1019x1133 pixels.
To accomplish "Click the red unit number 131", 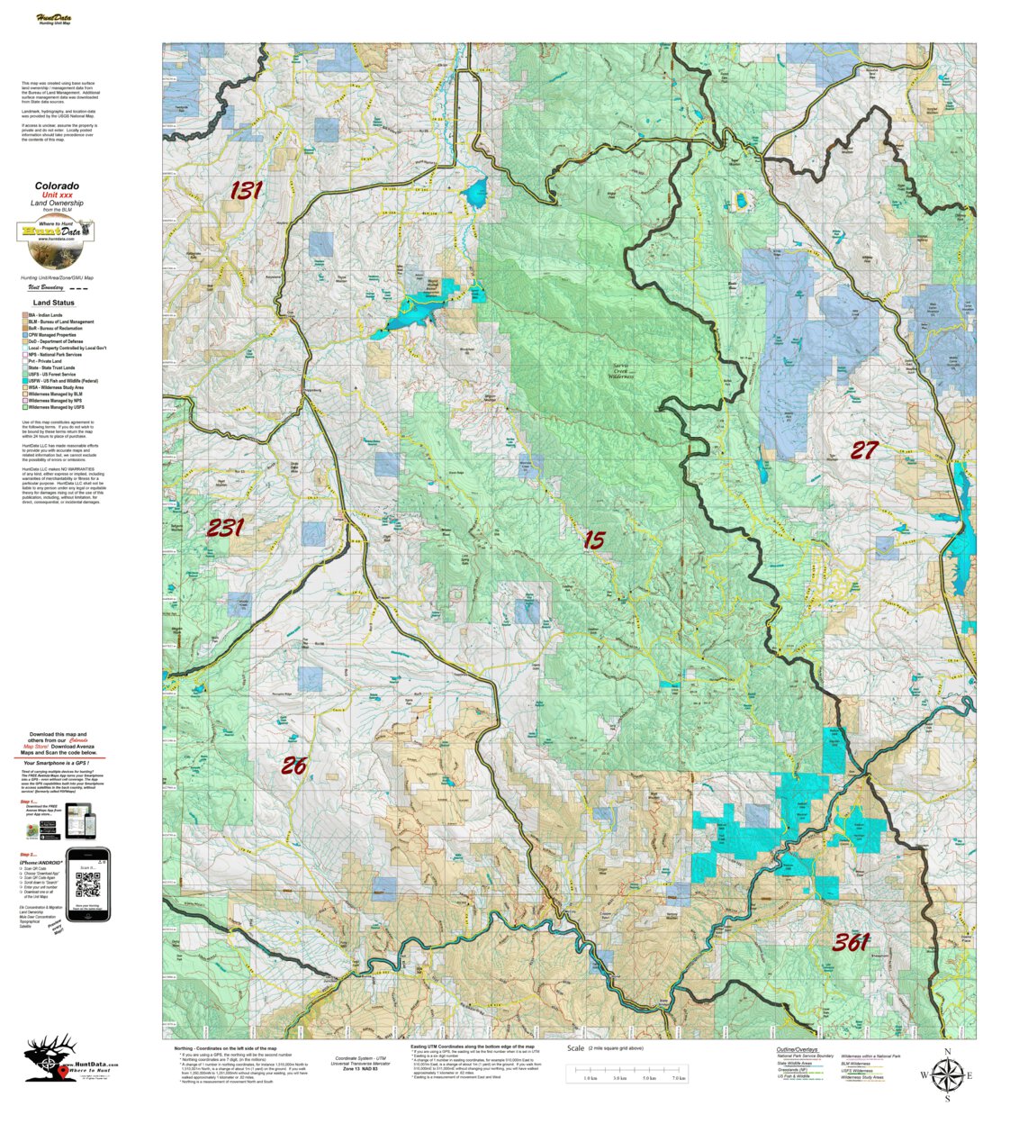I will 245,191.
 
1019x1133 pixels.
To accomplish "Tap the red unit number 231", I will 224,528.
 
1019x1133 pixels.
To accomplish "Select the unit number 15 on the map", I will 594,540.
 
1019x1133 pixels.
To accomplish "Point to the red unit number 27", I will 864,450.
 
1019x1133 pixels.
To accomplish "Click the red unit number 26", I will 293,766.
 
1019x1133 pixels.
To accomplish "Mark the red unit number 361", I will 850,943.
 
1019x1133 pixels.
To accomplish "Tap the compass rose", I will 946,1074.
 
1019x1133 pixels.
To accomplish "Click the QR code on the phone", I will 88,885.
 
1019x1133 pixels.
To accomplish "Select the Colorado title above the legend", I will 57,186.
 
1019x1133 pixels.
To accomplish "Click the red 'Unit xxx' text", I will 57,195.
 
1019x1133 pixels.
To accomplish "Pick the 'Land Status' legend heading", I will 54,303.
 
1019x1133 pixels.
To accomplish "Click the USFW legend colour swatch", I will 25,381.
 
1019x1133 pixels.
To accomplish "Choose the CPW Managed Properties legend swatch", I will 25,335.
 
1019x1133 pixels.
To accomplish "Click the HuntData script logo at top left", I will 54,19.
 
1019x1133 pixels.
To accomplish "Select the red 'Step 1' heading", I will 29,800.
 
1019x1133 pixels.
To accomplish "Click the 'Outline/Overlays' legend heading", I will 797,1049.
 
